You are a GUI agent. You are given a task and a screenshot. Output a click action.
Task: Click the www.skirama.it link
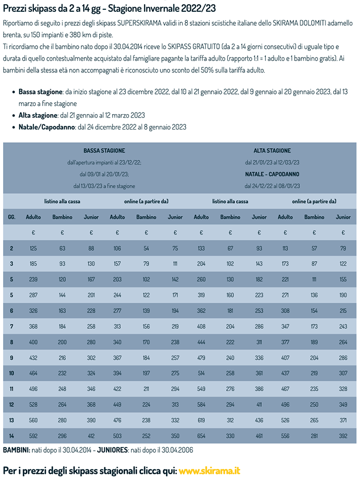pos(209,471)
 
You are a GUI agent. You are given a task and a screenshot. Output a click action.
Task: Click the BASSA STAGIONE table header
pos(104,151)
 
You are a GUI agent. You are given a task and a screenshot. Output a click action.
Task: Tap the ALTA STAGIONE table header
pos(272,151)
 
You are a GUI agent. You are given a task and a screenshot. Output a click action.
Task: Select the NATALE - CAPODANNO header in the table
pos(272,174)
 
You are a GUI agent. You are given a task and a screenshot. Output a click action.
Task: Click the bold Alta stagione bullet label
pos(38,115)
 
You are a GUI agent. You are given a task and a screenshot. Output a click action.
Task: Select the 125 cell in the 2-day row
pos(33,249)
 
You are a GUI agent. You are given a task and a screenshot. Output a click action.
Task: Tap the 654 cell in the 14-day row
pos(201,436)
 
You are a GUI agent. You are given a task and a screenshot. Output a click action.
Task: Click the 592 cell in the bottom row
pos(33,436)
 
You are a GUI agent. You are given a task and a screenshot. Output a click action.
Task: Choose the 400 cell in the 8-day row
pos(33,342)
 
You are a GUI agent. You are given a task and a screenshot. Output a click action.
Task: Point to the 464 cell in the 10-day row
pos(33,374)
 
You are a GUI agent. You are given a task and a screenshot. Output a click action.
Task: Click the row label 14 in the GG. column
pos(11,436)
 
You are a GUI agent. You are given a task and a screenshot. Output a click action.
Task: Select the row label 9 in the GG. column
pos(11,358)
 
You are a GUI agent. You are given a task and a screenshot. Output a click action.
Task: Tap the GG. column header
pos(11,217)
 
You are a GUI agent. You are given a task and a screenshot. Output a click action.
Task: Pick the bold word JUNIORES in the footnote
pos(113,450)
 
